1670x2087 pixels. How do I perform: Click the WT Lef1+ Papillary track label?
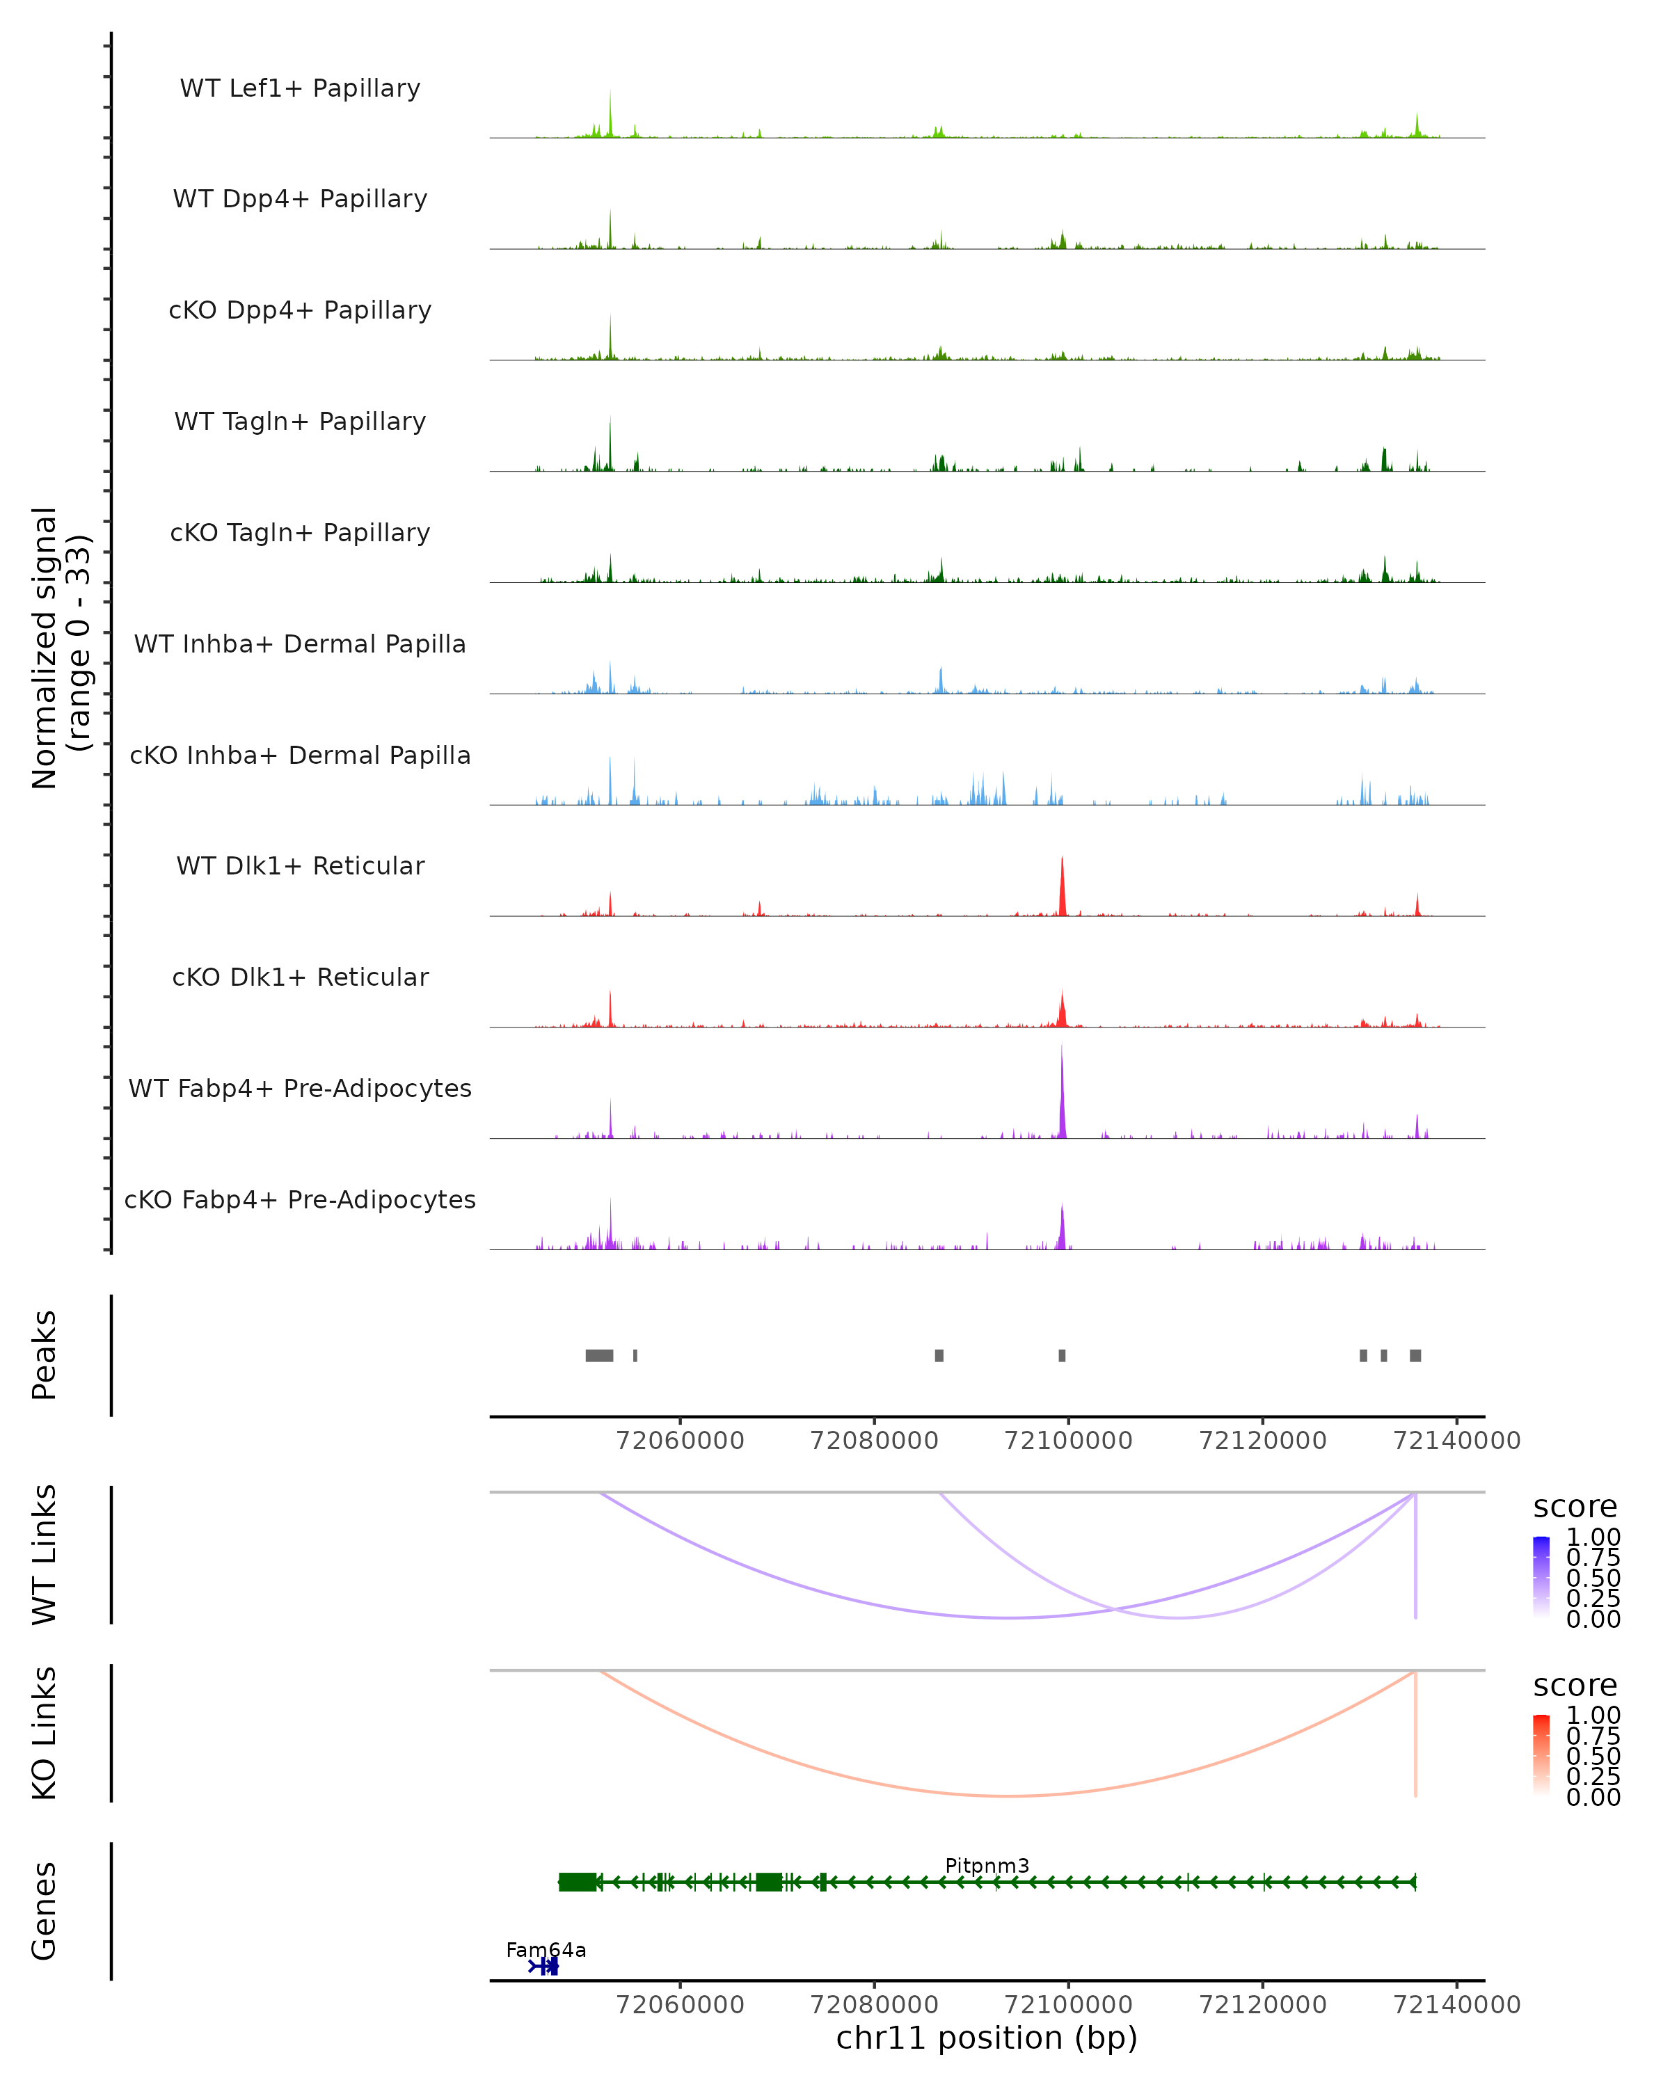(300, 88)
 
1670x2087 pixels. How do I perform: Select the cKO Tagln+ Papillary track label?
(300, 534)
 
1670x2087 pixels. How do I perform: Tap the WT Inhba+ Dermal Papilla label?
(300, 645)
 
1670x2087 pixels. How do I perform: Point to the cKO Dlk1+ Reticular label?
(300, 977)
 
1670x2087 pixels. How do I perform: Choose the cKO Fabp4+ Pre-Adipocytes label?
(300, 1200)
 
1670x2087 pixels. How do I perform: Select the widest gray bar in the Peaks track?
(599, 1355)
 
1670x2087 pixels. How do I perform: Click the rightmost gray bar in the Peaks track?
(1415, 1355)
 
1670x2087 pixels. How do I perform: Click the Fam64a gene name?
(546, 1949)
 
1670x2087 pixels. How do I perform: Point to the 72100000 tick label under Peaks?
(1068, 1441)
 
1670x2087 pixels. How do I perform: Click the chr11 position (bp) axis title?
(987, 2038)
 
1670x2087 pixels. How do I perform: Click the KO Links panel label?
(45, 1734)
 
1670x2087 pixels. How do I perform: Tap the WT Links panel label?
(45, 1555)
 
